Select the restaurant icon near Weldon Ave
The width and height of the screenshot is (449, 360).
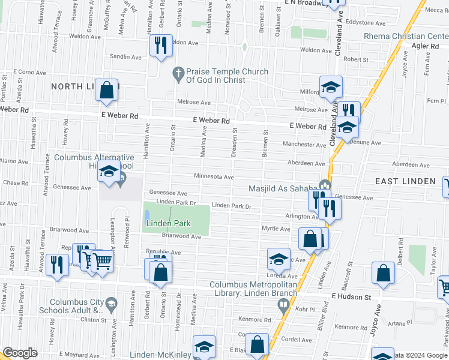click(160, 46)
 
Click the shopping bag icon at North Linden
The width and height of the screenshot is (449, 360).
click(106, 90)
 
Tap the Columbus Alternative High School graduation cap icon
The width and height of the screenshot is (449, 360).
click(109, 172)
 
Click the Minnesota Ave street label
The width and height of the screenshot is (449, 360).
click(213, 176)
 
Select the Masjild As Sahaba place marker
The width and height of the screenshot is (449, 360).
click(325, 185)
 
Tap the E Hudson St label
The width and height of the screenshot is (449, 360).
click(351, 296)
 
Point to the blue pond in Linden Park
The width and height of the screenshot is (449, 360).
click(146, 214)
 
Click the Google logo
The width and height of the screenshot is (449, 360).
click(20, 353)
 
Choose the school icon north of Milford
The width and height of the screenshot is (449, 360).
click(330, 86)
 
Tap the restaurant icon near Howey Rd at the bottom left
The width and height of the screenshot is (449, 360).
click(56, 264)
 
